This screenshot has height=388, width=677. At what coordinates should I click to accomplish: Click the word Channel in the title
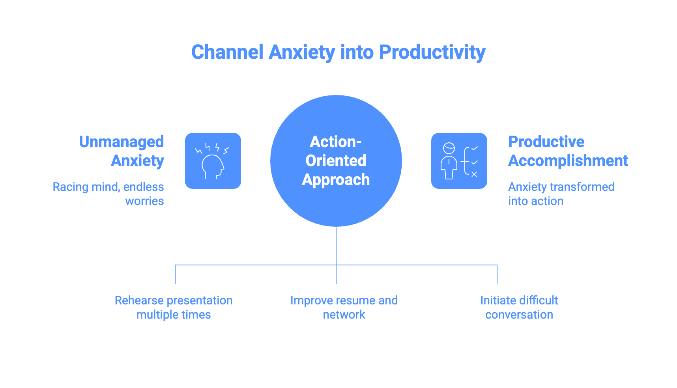pos(227,52)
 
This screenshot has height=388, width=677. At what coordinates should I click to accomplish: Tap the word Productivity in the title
pos(432,52)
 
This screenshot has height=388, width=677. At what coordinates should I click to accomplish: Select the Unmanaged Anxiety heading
pos(122,151)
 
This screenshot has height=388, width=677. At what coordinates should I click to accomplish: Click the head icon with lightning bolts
pos(213,161)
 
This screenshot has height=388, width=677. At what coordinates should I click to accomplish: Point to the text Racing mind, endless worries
pos(108,194)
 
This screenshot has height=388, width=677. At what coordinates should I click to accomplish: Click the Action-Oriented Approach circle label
pos(336,160)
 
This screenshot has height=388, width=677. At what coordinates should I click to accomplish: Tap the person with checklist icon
pos(459,161)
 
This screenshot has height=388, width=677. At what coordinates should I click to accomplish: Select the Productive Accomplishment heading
pos(568,151)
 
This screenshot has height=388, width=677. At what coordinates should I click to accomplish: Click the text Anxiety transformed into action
pos(561,194)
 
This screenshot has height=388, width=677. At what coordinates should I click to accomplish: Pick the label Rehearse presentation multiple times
pos(174,307)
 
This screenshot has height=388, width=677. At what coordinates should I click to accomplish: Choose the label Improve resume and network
pos(344,307)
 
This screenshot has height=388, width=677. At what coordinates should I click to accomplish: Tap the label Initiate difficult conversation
pos(519,307)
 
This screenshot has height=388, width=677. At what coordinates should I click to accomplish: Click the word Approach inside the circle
pos(336,180)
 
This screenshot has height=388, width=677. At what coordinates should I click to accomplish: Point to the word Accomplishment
pos(568,161)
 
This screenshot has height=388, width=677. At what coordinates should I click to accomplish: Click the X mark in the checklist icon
pos(474,174)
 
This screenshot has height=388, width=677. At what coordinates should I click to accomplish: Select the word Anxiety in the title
pos(302,52)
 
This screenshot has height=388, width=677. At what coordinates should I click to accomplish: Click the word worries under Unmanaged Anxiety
pos(144,201)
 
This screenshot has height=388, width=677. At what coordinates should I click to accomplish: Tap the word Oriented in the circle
pos(336,161)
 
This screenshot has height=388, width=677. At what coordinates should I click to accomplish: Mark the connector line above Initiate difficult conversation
pos(497,274)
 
